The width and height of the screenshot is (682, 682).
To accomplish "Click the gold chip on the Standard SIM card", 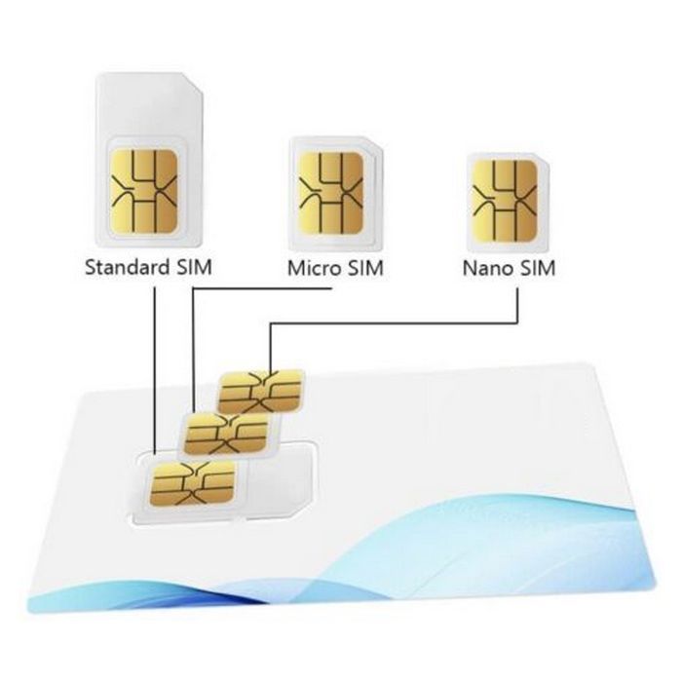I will coord(145,192).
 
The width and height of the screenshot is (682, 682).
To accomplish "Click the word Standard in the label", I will coord(127,267).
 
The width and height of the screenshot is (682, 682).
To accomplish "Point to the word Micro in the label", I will coord(314,267).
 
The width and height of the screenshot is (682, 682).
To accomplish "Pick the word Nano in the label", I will coord(487,267).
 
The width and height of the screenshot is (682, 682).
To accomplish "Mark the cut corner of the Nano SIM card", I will coord(542,159).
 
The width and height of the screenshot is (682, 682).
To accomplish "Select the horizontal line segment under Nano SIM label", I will coord(390,324).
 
